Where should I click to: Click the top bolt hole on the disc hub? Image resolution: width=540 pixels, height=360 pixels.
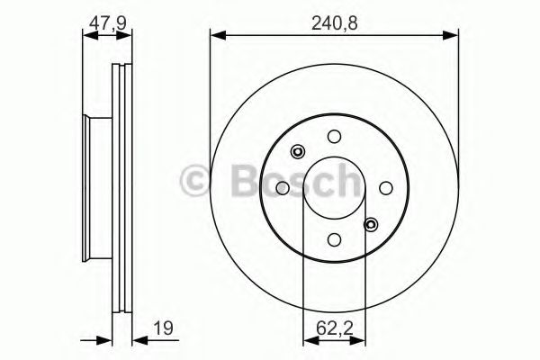coord(334,137)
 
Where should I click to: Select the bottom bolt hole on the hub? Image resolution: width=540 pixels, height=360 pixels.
coord(334,238)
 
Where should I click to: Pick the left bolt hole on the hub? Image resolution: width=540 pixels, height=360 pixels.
coord(283,188)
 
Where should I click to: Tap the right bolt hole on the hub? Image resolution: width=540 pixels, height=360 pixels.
coord(385,187)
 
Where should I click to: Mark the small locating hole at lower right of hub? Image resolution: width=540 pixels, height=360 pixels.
coord(370,223)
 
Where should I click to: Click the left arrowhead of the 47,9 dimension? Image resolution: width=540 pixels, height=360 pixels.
coord(87,36)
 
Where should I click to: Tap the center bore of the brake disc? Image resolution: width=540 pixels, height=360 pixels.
coord(334,188)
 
